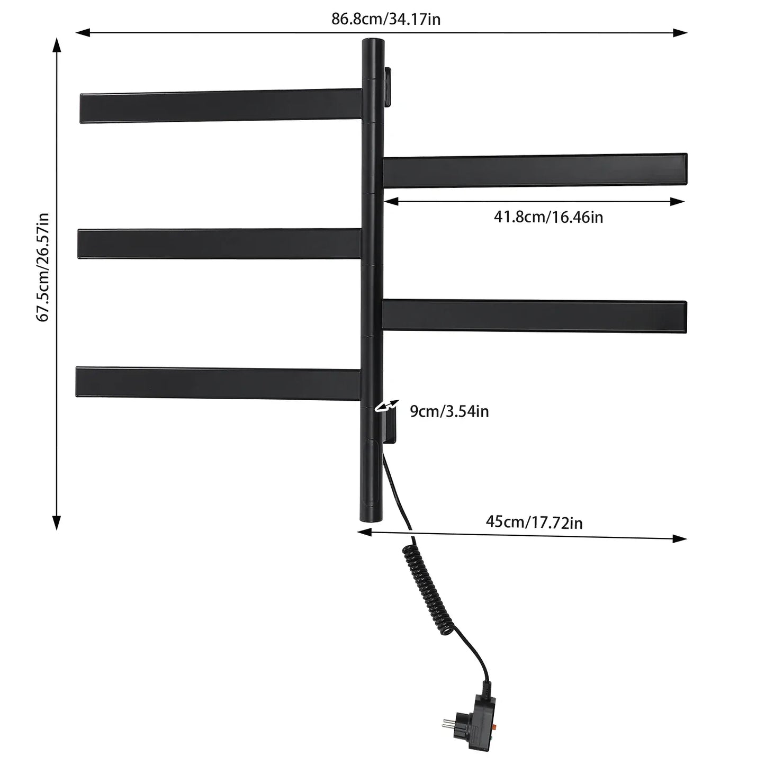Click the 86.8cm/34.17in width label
[x=386, y=19]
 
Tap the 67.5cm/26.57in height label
[x=42, y=267]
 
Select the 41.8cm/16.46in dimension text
[x=548, y=217]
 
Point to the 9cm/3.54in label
[x=449, y=411]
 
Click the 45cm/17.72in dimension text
[x=534, y=522]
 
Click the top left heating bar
[x=221, y=105]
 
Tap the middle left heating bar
[x=220, y=244]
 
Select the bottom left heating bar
[x=218, y=383]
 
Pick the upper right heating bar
[x=535, y=170]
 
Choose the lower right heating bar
[x=534, y=316]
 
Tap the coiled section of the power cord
[x=428, y=590]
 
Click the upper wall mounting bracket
[x=387, y=87]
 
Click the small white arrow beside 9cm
[x=387, y=407]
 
